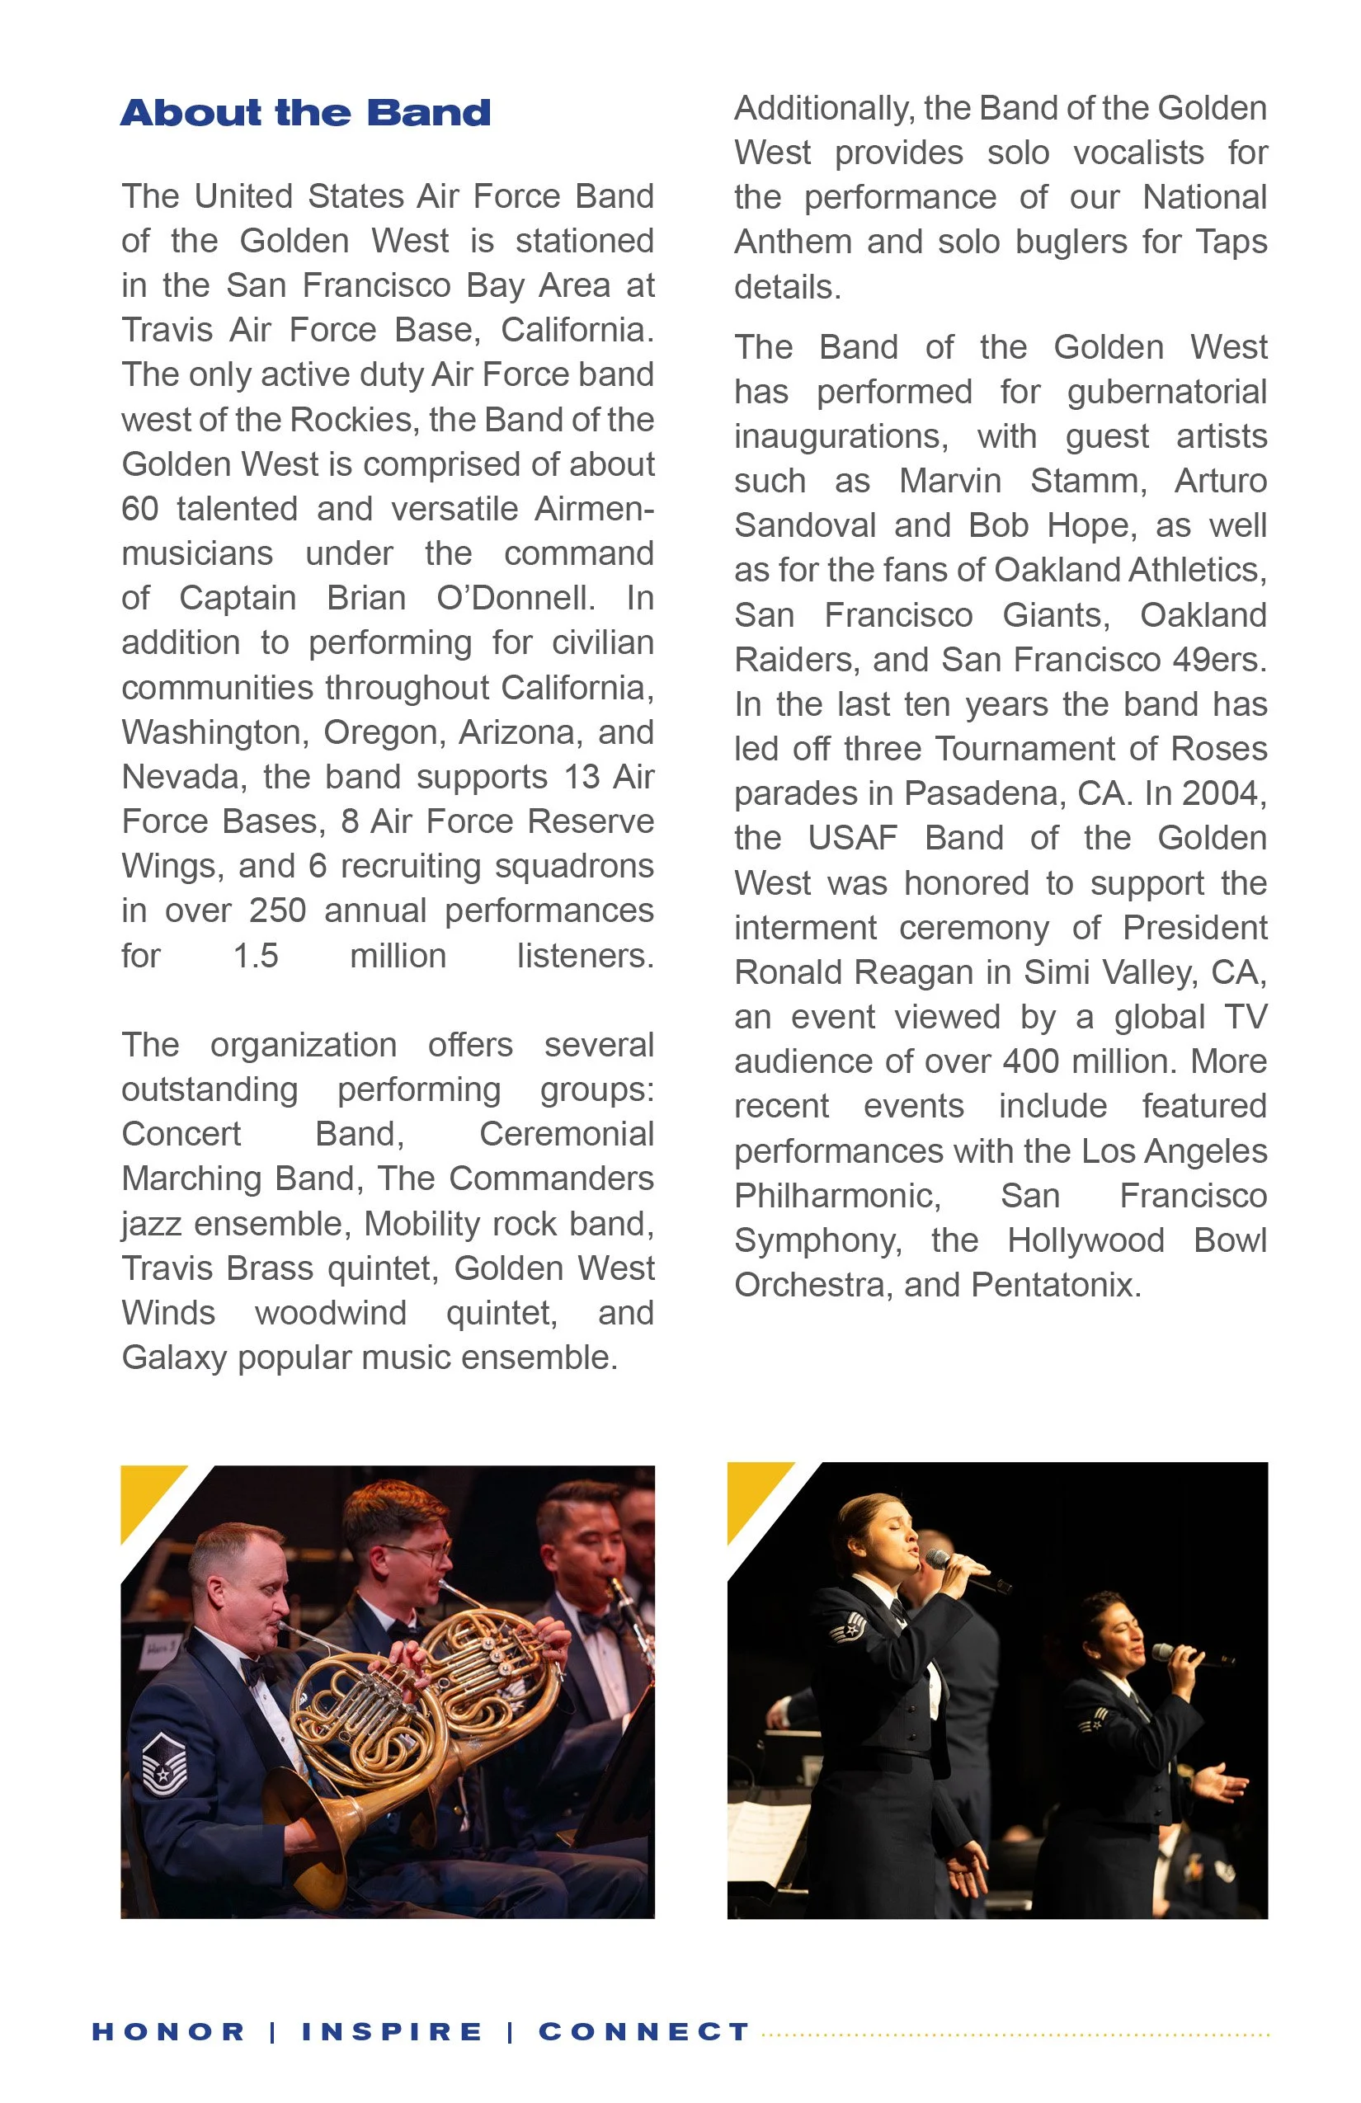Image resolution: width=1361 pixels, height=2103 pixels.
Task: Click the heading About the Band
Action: (x=305, y=113)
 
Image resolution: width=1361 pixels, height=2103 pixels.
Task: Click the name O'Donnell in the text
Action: (x=516, y=598)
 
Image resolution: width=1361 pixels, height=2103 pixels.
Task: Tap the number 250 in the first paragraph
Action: (x=276, y=911)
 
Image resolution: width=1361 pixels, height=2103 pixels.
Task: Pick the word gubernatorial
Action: (x=1166, y=393)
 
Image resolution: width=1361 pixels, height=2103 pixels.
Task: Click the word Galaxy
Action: (x=174, y=1358)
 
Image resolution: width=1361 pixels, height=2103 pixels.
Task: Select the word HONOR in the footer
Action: (x=168, y=2031)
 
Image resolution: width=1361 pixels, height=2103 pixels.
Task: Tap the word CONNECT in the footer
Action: (x=644, y=2031)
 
